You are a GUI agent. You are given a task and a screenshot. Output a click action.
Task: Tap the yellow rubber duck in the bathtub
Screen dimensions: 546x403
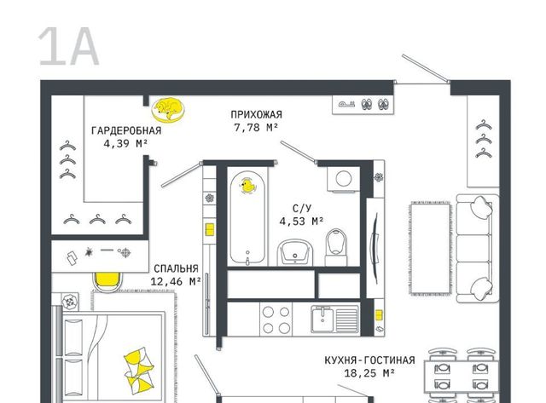tap(247, 186)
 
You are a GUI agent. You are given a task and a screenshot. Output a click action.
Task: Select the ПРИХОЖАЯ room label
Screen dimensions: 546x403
tap(256, 114)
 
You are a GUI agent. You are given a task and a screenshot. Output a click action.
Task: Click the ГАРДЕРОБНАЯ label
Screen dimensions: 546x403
tap(126, 130)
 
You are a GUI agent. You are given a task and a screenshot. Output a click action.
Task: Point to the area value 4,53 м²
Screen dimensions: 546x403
tap(301, 222)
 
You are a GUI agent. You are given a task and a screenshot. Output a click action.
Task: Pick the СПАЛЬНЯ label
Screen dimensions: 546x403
tap(177, 268)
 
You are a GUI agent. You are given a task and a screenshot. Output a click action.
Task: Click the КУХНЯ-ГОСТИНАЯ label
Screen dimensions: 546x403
tap(369, 360)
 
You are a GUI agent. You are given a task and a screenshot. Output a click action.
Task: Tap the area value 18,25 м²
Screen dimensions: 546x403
tap(369, 373)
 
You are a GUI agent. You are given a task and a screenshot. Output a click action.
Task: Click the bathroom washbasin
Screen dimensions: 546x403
tap(295, 252)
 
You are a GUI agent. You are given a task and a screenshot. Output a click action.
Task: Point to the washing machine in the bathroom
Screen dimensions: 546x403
tap(343, 179)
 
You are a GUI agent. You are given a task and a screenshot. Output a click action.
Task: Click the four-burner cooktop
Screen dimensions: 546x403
tap(276, 320)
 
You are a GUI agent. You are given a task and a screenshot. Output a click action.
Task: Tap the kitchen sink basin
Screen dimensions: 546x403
tap(322, 320)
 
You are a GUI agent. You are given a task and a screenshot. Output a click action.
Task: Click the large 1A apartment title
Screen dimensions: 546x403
tap(68, 47)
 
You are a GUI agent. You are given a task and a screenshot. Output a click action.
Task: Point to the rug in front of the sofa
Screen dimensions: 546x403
tap(430, 248)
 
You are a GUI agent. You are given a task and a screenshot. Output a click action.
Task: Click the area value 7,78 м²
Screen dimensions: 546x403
tap(256, 128)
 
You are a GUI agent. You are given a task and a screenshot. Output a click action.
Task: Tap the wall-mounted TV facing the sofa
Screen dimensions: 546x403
tap(375, 248)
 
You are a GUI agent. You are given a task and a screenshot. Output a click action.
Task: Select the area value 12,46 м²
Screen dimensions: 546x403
tap(177, 281)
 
